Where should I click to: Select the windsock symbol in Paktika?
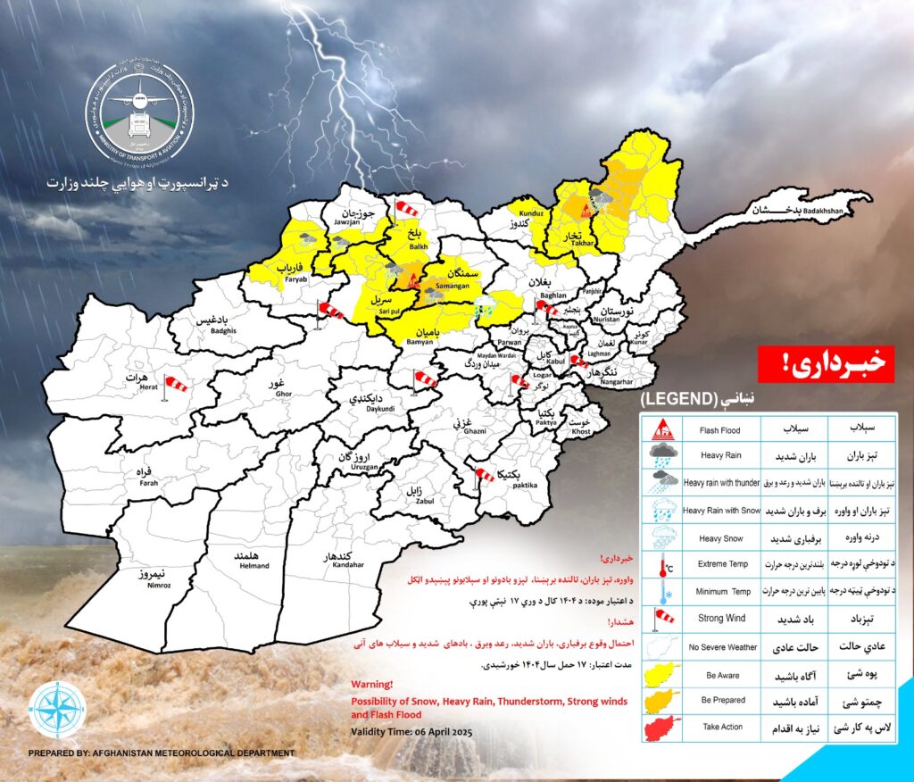(x=483, y=474)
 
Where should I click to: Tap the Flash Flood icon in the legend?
(x=661, y=428)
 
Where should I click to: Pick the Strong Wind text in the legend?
(x=722, y=619)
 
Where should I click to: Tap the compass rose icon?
(x=58, y=710)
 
